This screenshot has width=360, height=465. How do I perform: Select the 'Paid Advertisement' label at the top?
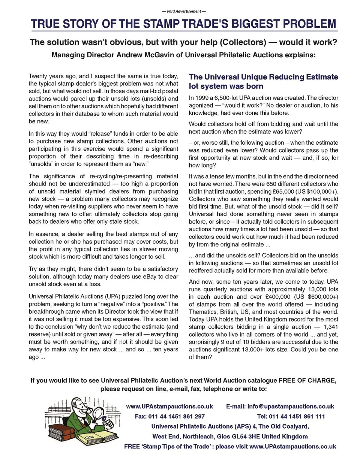point(184,11)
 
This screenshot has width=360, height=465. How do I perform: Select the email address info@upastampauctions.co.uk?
point(291,407)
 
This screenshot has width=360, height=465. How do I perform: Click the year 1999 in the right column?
point(203,98)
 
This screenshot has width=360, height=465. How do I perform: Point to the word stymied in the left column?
point(95,191)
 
